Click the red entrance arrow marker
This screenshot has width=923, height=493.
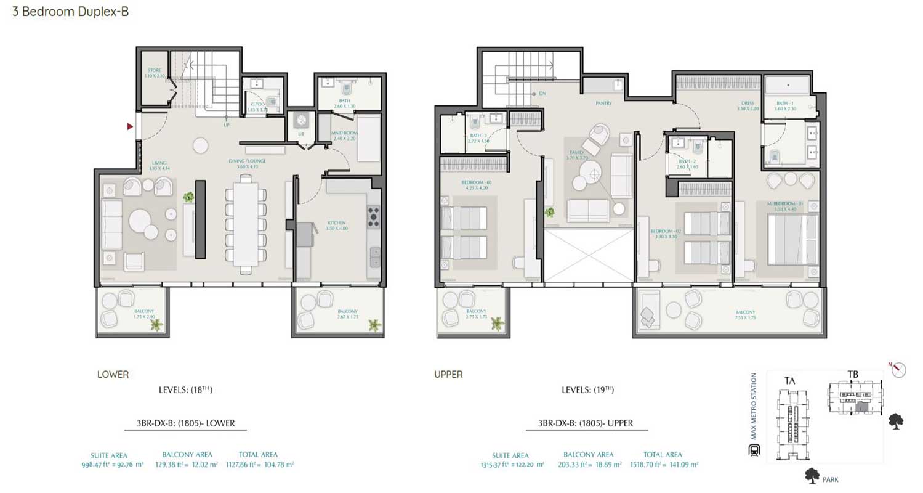pyautogui.click(x=130, y=126)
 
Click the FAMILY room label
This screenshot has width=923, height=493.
pyautogui.click(x=578, y=157)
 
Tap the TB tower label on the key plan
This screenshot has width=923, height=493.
pyautogui.click(x=853, y=374)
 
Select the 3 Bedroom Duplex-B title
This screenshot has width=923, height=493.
pyautogui.click(x=71, y=11)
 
